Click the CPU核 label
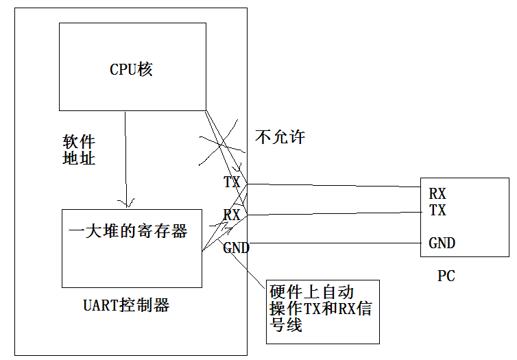click(x=132, y=69)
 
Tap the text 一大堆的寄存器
click(x=128, y=231)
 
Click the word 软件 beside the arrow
click(x=79, y=143)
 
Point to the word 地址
click(x=79, y=158)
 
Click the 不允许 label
click(x=280, y=136)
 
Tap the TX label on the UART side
click(x=232, y=182)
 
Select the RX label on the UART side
click(x=232, y=215)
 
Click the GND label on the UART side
click(x=237, y=248)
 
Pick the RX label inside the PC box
click(x=437, y=194)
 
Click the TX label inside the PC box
click(x=437, y=211)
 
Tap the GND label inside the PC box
click(x=442, y=243)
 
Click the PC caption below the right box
click(x=446, y=276)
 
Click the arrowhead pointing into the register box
click(x=125, y=203)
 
